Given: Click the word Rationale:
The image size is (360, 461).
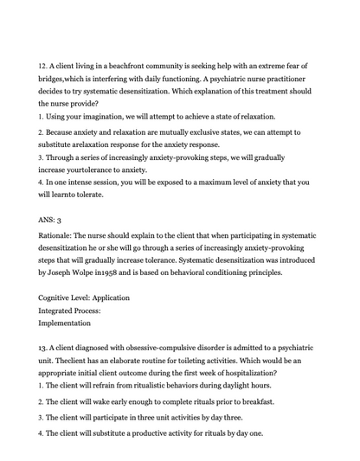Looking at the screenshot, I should point(59,236).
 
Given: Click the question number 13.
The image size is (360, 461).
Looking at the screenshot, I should point(43,348).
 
